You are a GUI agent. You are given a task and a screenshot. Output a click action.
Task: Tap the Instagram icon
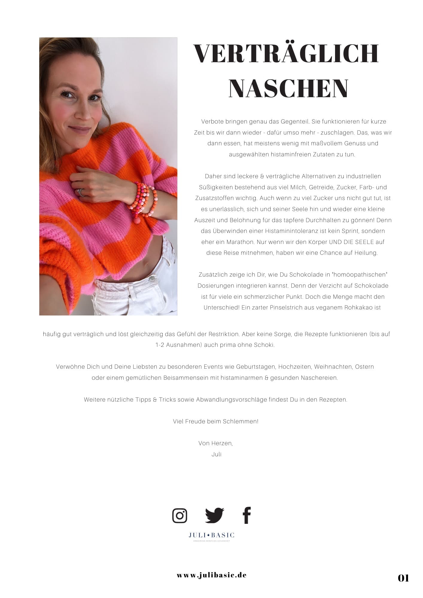click(180, 515)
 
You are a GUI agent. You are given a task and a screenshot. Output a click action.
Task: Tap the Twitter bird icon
click(214, 515)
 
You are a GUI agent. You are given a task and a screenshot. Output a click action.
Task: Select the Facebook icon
click(247, 515)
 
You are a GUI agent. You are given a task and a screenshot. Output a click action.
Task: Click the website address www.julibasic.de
click(212, 575)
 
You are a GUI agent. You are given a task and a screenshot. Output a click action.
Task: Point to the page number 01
click(403, 578)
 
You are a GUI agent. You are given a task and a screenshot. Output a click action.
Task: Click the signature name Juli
click(216, 454)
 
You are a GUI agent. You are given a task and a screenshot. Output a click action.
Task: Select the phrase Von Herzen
click(215, 443)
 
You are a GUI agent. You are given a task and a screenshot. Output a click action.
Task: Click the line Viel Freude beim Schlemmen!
click(216, 421)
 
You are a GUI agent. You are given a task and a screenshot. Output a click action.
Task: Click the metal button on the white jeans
click(153, 279)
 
